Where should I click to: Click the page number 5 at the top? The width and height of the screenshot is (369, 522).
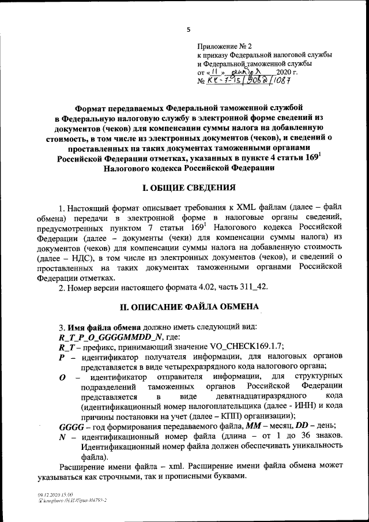tap(188, 29)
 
